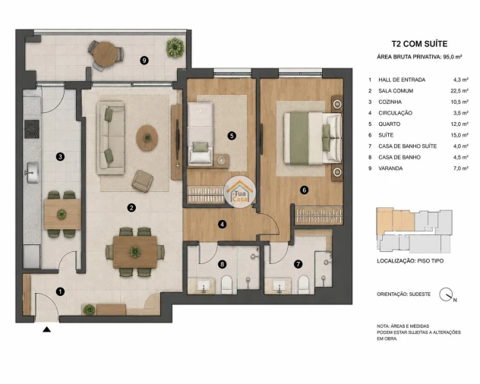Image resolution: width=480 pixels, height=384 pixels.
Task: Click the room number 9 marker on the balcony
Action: click(x=144, y=61)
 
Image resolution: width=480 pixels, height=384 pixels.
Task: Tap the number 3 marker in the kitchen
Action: click(x=60, y=156)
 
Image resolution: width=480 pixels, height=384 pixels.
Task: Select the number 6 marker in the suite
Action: click(x=304, y=190)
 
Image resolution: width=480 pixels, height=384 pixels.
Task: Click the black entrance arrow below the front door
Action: click(x=46, y=329)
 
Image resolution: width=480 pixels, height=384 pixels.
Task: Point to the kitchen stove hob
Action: click(x=32, y=129)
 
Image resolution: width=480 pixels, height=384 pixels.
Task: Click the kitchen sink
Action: click(x=32, y=173)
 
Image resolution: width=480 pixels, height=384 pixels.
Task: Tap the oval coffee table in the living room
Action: click(x=147, y=137)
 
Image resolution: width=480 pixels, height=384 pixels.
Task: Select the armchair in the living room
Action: click(x=142, y=181)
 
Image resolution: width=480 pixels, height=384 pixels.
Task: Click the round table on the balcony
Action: click(x=106, y=52)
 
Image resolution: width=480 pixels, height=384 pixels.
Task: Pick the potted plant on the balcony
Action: click(x=175, y=47)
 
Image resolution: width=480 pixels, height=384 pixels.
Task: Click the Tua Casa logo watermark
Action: click(x=240, y=192)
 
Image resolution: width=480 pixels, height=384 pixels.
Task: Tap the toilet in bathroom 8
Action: click(x=227, y=285)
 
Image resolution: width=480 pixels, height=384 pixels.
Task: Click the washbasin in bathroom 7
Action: click(x=279, y=286)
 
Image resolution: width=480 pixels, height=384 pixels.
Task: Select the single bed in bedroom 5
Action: click(x=201, y=134)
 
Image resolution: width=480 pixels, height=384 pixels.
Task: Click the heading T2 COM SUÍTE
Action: click(x=419, y=44)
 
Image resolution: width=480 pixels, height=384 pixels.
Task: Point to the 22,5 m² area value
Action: click(x=459, y=91)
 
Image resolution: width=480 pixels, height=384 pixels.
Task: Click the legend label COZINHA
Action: click(x=390, y=102)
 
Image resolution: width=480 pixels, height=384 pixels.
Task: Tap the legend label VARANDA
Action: click(x=390, y=168)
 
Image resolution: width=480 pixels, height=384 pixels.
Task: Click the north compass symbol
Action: click(x=447, y=294)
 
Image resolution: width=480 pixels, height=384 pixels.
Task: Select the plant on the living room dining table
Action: click(x=135, y=251)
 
